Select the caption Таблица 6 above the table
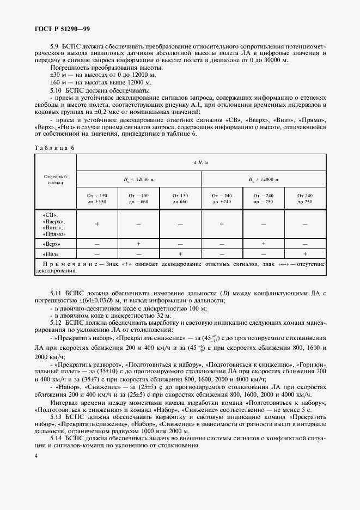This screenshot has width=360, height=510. [54, 148]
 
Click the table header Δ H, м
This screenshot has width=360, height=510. [201, 163]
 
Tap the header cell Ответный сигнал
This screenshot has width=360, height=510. [55, 180]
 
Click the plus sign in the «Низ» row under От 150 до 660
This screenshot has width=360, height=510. [180, 254]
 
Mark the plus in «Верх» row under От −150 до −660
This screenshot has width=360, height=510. [139, 244]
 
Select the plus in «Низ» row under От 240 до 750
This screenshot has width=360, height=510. [305, 254]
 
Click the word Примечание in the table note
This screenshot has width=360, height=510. [75, 264]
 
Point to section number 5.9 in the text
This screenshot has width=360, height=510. [54, 47]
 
